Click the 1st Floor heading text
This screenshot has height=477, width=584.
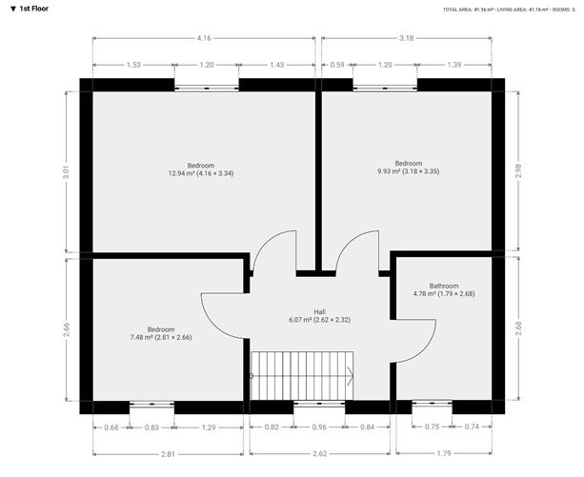[x=33, y=9]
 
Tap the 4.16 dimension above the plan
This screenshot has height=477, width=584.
[x=204, y=38]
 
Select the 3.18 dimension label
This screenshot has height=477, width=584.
[x=407, y=38]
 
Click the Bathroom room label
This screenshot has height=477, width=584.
[x=444, y=287]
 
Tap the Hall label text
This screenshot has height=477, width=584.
[x=319, y=311]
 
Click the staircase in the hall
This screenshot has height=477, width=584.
[x=302, y=376]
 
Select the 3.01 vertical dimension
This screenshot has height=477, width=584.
[x=66, y=172]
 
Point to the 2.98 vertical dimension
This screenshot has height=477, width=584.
[x=518, y=170]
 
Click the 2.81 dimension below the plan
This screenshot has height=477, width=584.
[x=168, y=454]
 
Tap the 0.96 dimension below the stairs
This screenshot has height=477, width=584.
[x=319, y=427]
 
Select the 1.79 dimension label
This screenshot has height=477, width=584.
[x=444, y=453]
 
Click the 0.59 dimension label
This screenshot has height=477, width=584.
[x=337, y=65]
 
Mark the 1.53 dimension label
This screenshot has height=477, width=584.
[x=133, y=65]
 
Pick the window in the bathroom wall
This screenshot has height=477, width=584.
[x=432, y=403]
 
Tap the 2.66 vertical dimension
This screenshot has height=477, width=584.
[x=66, y=329]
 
